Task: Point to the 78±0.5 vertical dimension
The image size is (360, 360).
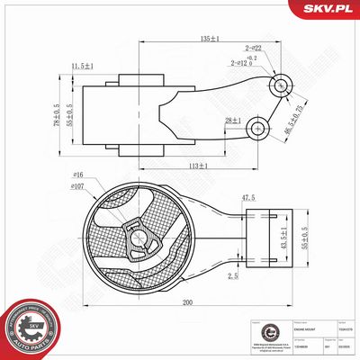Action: (55, 113)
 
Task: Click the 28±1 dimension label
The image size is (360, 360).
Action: (233, 120)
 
